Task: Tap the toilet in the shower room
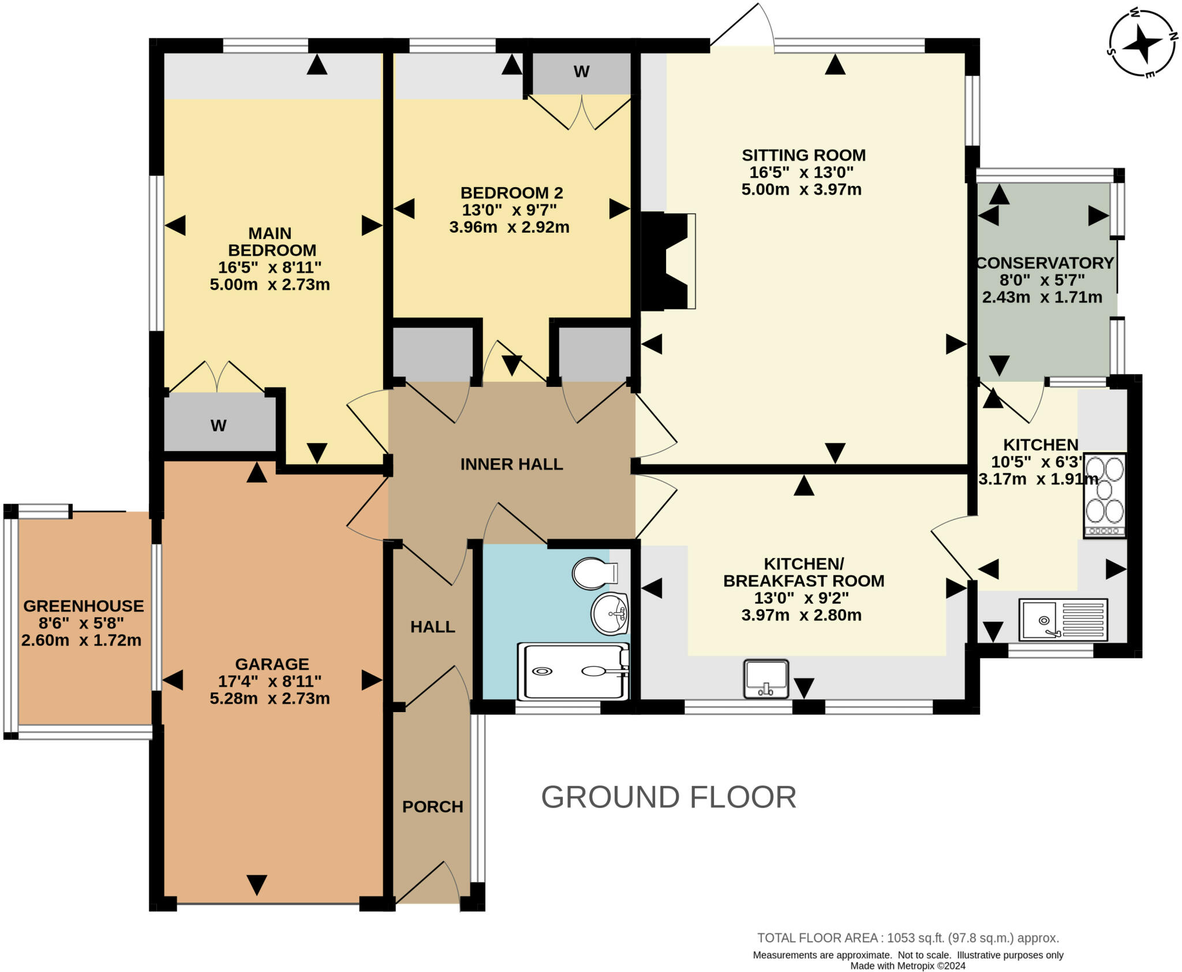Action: point(595,573)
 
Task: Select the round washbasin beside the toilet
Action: point(610,613)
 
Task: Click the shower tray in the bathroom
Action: point(573,671)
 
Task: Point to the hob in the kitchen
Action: point(1105,496)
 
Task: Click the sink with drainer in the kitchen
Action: point(1063,620)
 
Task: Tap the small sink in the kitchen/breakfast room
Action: point(766,679)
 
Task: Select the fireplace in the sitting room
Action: point(668,261)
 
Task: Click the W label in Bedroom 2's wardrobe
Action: point(581,72)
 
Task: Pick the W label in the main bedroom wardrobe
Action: point(218,426)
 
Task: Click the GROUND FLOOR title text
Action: point(668,797)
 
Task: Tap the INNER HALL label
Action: point(511,464)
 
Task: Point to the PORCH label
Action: point(433,807)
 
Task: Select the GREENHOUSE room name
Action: point(84,606)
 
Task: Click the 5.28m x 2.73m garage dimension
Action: point(270,698)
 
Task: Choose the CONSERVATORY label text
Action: point(1045,263)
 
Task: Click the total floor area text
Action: point(908,938)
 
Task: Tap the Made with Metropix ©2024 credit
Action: point(908,966)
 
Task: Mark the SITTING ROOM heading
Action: point(803,155)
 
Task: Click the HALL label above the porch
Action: point(433,627)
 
